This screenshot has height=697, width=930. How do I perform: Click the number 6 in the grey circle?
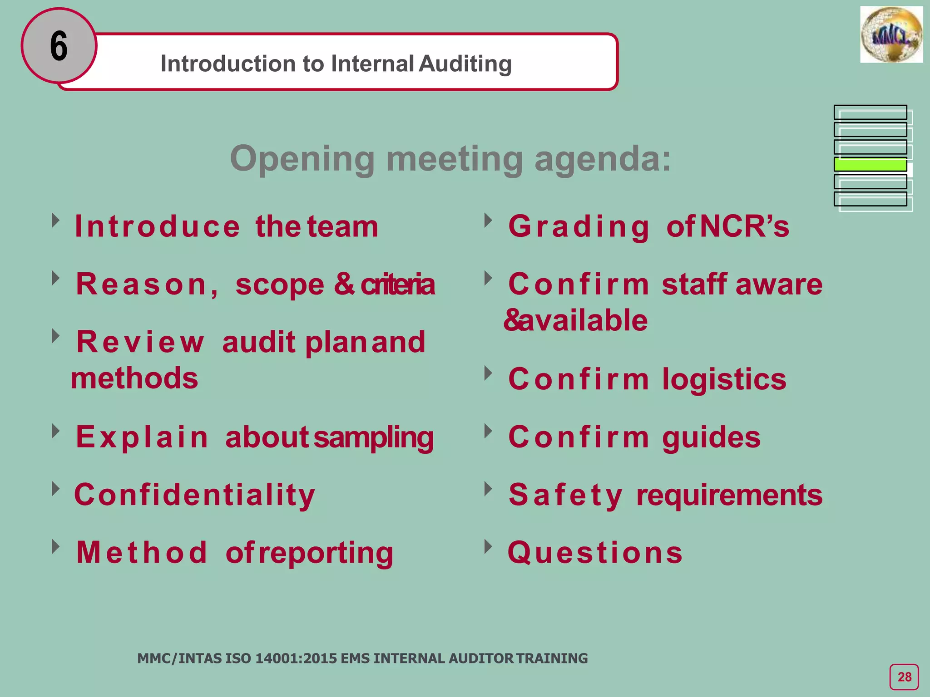(59, 46)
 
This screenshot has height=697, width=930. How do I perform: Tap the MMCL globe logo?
(891, 35)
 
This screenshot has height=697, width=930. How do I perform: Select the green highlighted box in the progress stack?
(870, 164)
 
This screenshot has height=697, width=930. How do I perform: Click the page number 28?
(904, 677)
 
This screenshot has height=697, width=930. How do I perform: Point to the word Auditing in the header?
(465, 64)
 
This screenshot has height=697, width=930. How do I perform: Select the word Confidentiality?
(194, 495)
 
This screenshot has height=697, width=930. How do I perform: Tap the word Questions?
(595, 553)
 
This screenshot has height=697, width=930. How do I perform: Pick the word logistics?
(724, 379)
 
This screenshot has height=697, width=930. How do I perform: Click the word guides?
(711, 437)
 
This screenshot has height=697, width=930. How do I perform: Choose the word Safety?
(565, 495)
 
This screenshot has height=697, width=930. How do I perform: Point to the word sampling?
(373, 437)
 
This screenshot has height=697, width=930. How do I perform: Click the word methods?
(134, 378)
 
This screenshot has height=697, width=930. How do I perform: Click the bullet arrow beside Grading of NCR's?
(488, 221)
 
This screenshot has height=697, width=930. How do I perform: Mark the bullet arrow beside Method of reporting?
(55, 546)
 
